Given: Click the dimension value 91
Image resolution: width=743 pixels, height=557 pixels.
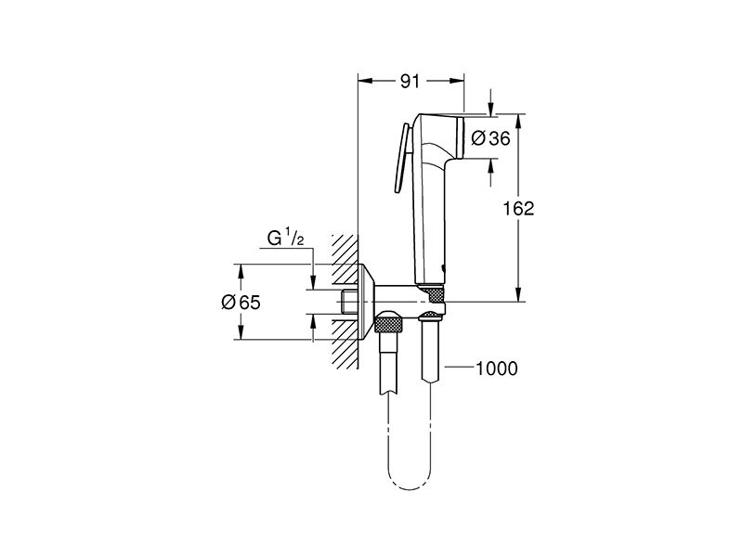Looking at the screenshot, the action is (x=410, y=82).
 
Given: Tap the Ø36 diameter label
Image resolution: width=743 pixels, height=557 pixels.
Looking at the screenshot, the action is (x=491, y=138).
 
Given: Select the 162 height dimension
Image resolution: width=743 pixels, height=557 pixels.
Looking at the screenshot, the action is (x=518, y=208).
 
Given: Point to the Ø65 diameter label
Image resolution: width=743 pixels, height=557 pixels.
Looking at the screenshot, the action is (x=241, y=302).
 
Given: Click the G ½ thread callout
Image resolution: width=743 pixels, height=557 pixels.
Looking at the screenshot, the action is (x=285, y=238).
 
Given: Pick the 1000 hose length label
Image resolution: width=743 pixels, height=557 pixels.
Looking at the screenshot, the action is (x=496, y=368).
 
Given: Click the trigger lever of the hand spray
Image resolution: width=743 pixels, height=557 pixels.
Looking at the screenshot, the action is (x=401, y=158).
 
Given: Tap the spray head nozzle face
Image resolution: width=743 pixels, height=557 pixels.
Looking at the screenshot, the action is (x=459, y=137).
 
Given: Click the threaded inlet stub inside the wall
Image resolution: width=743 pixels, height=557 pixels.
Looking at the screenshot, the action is (x=349, y=302).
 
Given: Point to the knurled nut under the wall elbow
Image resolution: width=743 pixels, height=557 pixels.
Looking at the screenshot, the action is (x=388, y=326).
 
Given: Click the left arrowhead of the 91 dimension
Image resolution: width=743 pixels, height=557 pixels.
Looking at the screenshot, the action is (x=364, y=81).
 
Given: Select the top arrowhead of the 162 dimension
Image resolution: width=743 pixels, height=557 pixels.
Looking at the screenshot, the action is (x=519, y=121).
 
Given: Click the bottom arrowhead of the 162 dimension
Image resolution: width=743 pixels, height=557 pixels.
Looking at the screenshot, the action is (x=519, y=294).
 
